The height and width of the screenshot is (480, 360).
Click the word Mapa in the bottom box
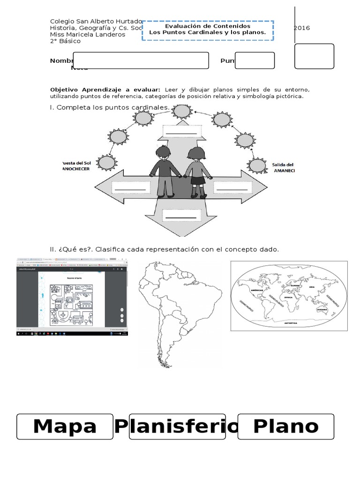pyautogui.click(x=65, y=427)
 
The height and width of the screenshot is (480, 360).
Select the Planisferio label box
pyautogui.click(x=177, y=427)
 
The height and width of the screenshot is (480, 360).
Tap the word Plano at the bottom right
pyautogui.click(x=285, y=427)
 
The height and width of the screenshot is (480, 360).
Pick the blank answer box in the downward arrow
pyautogui.click(x=180, y=216)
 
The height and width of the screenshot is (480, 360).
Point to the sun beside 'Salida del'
pyautogui.click(x=257, y=165)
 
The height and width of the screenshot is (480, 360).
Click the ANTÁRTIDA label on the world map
pyautogui.click(x=291, y=323)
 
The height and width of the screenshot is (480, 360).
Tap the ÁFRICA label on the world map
pyautogui.click(x=288, y=297)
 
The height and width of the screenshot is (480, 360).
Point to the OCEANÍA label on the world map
pyautogui.click(x=322, y=309)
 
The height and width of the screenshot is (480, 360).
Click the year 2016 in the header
pyautogui.click(x=302, y=28)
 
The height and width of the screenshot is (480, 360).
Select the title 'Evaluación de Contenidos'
pyautogui.click(x=208, y=26)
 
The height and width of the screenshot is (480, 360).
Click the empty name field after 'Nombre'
pyautogui.click(x=141, y=60)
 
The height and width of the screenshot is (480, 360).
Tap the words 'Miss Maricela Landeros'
pyautogui.click(x=88, y=35)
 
